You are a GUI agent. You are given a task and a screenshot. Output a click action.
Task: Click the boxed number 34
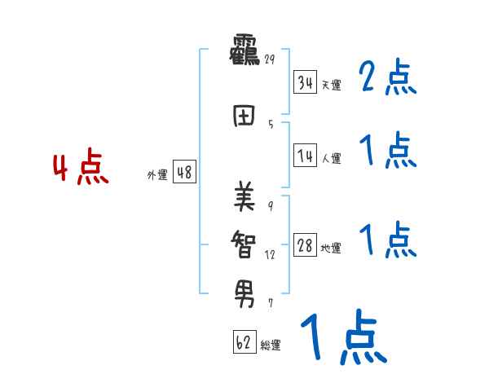click(305, 81)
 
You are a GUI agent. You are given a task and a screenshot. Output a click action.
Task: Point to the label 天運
click(330, 85)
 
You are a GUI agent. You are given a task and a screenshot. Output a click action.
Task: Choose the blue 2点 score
click(388, 79)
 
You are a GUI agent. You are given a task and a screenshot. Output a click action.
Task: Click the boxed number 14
click(305, 156)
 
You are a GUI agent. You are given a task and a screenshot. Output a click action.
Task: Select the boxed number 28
click(305, 245)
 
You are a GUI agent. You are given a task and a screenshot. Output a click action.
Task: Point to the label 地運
click(331, 249)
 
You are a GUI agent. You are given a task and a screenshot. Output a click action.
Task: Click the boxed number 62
click(244, 342)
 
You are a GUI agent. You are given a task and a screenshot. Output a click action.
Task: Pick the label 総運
click(271, 346)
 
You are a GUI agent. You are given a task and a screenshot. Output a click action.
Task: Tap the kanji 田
click(244, 116)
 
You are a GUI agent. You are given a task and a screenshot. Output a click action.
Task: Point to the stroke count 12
click(270, 254)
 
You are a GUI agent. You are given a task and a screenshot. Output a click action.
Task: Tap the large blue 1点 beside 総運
click(343, 339)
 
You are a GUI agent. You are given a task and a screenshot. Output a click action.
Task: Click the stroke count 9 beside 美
click(271, 205)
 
